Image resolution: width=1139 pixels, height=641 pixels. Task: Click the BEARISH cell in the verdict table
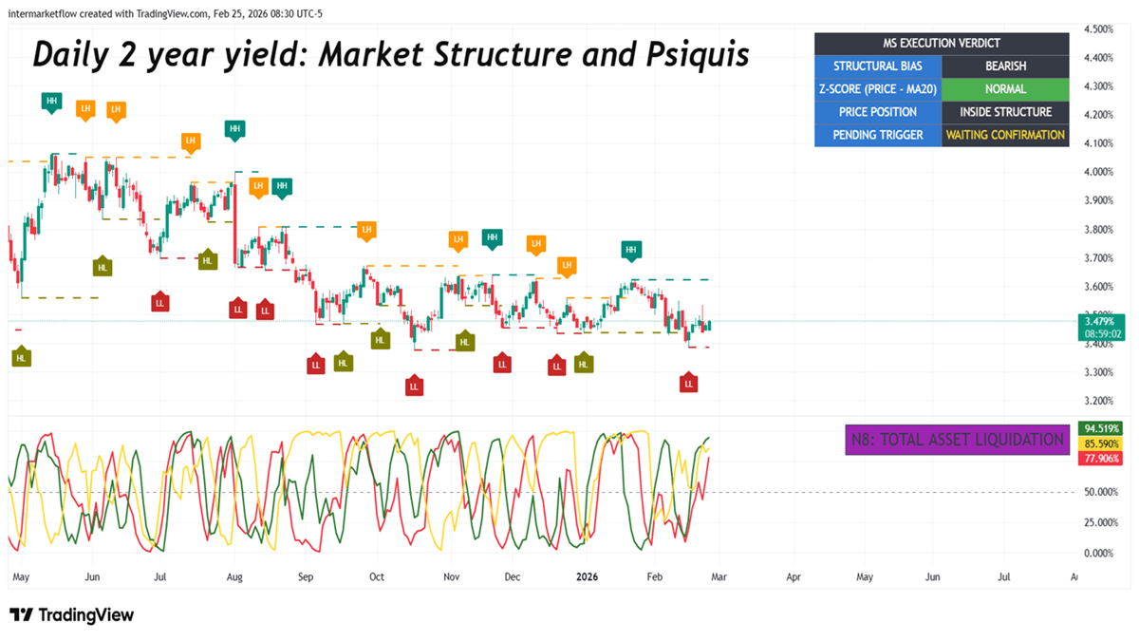point(1005,66)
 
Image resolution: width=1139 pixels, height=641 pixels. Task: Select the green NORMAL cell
point(1005,89)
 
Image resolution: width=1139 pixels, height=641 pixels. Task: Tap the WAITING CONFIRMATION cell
point(1005,135)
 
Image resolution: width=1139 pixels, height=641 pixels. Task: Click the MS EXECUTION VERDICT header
point(942,44)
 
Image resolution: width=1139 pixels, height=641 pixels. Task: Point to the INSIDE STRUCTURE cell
point(1005,112)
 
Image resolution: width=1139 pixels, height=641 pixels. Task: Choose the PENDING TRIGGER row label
point(878,135)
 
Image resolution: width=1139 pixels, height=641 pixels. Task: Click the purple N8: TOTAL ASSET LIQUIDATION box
point(956,440)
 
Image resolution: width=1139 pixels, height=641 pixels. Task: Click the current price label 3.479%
point(1101,321)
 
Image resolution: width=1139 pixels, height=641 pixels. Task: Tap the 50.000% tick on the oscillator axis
point(1101,492)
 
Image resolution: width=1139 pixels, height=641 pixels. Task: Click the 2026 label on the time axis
point(588,576)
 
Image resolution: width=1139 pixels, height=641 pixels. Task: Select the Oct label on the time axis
point(377,576)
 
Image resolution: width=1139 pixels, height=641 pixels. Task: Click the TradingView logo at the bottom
point(72,615)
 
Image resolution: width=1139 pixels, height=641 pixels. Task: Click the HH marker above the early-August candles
point(234,129)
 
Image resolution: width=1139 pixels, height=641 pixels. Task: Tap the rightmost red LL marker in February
point(689,383)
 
